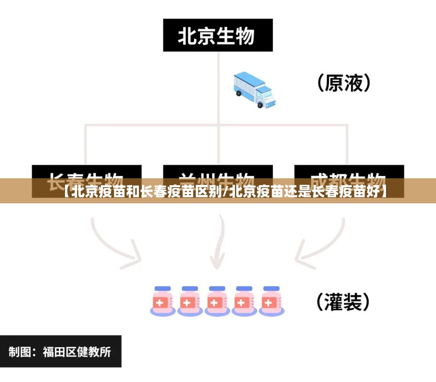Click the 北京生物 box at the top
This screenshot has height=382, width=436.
point(218,35)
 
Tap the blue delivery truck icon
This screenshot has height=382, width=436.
point(254,90)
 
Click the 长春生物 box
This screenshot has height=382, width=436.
point(86,172)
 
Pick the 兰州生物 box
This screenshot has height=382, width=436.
point(218,172)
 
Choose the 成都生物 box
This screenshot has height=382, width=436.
point(349,172)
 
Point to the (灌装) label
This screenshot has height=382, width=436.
point(343,302)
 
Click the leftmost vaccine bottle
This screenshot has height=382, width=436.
point(163,301)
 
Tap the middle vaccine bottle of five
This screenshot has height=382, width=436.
point(217,301)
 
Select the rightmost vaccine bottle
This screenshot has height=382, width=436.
point(271,301)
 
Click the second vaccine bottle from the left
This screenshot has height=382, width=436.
point(190,301)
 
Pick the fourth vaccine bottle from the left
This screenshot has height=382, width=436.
point(244,301)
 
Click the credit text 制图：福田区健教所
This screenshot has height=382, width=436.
point(60,352)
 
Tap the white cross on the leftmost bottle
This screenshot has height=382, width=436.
point(160,303)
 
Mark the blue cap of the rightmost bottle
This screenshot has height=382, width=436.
point(271,289)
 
